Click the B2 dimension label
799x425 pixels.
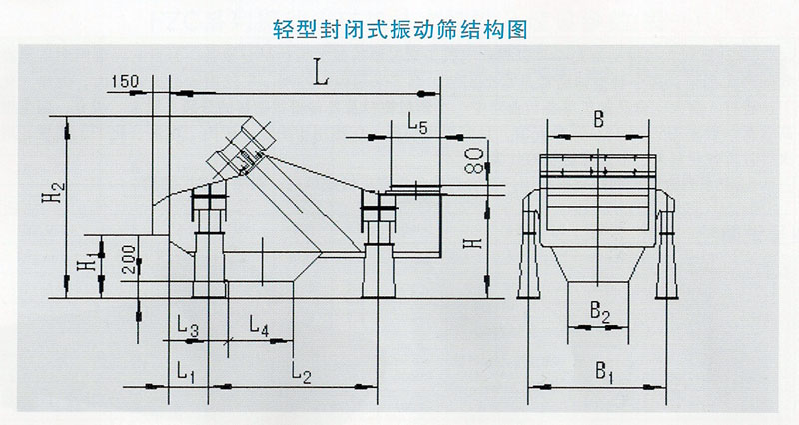point(598,313)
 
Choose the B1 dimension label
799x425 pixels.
point(603,372)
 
